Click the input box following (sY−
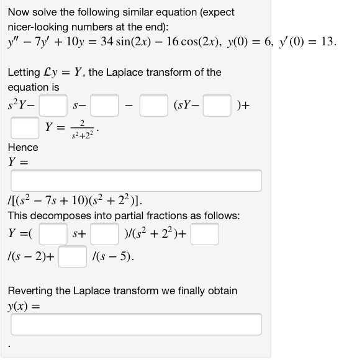point(218,106)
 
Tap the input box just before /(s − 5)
point(73,256)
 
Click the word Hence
point(23,148)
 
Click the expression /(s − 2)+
point(31,256)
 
